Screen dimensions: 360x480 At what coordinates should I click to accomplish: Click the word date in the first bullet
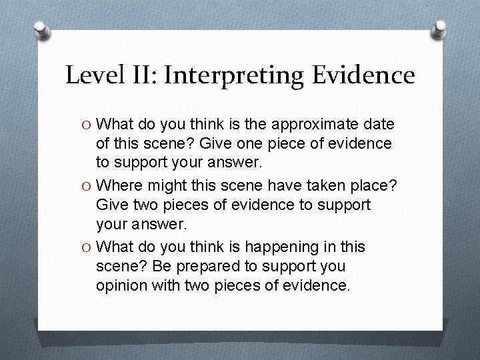[x=379, y=125]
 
